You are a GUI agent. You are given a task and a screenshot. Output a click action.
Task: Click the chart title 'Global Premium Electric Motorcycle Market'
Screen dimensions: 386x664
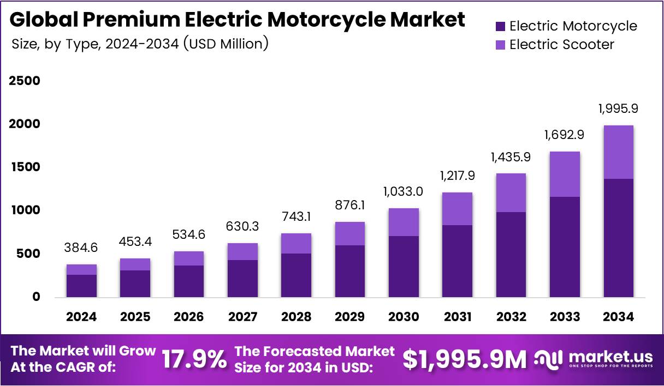click(x=237, y=20)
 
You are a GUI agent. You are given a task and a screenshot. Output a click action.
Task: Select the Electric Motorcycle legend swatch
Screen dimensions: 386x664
click(x=500, y=26)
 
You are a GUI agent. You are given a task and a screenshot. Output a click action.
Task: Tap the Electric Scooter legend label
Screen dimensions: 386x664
click(x=561, y=44)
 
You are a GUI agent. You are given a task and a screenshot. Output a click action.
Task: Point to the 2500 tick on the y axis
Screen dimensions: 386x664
click(x=24, y=81)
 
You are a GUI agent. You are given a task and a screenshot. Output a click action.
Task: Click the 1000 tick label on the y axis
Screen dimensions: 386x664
click(x=24, y=210)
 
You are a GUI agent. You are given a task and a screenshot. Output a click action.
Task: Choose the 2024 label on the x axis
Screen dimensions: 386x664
click(x=81, y=317)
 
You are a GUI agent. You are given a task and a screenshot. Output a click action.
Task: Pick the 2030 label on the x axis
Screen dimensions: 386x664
click(x=404, y=317)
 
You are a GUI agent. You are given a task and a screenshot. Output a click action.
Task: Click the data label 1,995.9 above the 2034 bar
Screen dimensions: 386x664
click(x=618, y=108)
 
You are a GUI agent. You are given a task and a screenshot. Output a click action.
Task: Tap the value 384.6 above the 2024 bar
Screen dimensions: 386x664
click(x=81, y=248)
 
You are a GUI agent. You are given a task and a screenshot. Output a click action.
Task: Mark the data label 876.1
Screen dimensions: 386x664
click(x=349, y=206)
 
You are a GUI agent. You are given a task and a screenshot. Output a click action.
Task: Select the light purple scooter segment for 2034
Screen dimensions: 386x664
click(x=618, y=152)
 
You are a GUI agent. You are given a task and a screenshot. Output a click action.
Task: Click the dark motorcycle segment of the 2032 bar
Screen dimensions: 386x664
click(x=511, y=254)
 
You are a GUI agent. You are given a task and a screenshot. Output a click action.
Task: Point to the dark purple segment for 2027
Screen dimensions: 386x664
click(x=242, y=278)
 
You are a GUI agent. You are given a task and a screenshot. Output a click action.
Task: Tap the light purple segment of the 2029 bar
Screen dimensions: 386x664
click(x=349, y=233)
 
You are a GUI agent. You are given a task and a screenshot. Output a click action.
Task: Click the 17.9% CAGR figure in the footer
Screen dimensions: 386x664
click(x=194, y=360)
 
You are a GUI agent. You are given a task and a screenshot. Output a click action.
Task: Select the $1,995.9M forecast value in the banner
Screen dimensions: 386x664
click(x=465, y=360)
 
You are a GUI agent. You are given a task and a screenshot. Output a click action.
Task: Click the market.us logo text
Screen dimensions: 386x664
click(x=610, y=357)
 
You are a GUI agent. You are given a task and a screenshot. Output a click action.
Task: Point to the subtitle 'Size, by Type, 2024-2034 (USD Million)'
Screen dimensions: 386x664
click(x=140, y=44)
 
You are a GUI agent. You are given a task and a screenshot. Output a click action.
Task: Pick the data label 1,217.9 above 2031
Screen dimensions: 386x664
click(x=457, y=176)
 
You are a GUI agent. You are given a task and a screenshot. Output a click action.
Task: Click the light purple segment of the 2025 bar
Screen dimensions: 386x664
click(x=135, y=264)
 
